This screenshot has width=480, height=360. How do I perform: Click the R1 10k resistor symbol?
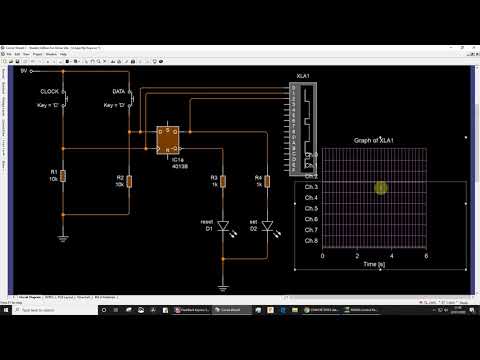click(x=63, y=176)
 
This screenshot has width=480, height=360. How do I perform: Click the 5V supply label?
click(x=23, y=72)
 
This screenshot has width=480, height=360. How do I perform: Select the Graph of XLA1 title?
click(x=375, y=141)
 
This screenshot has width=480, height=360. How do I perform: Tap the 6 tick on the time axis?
click(x=427, y=255)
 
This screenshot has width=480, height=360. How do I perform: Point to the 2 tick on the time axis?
click(x=357, y=255)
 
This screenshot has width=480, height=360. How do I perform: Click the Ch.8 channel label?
click(x=310, y=241)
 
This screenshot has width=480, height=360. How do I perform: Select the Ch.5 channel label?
click(x=310, y=209)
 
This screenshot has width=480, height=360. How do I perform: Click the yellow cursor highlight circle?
click(x=381, y=187)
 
